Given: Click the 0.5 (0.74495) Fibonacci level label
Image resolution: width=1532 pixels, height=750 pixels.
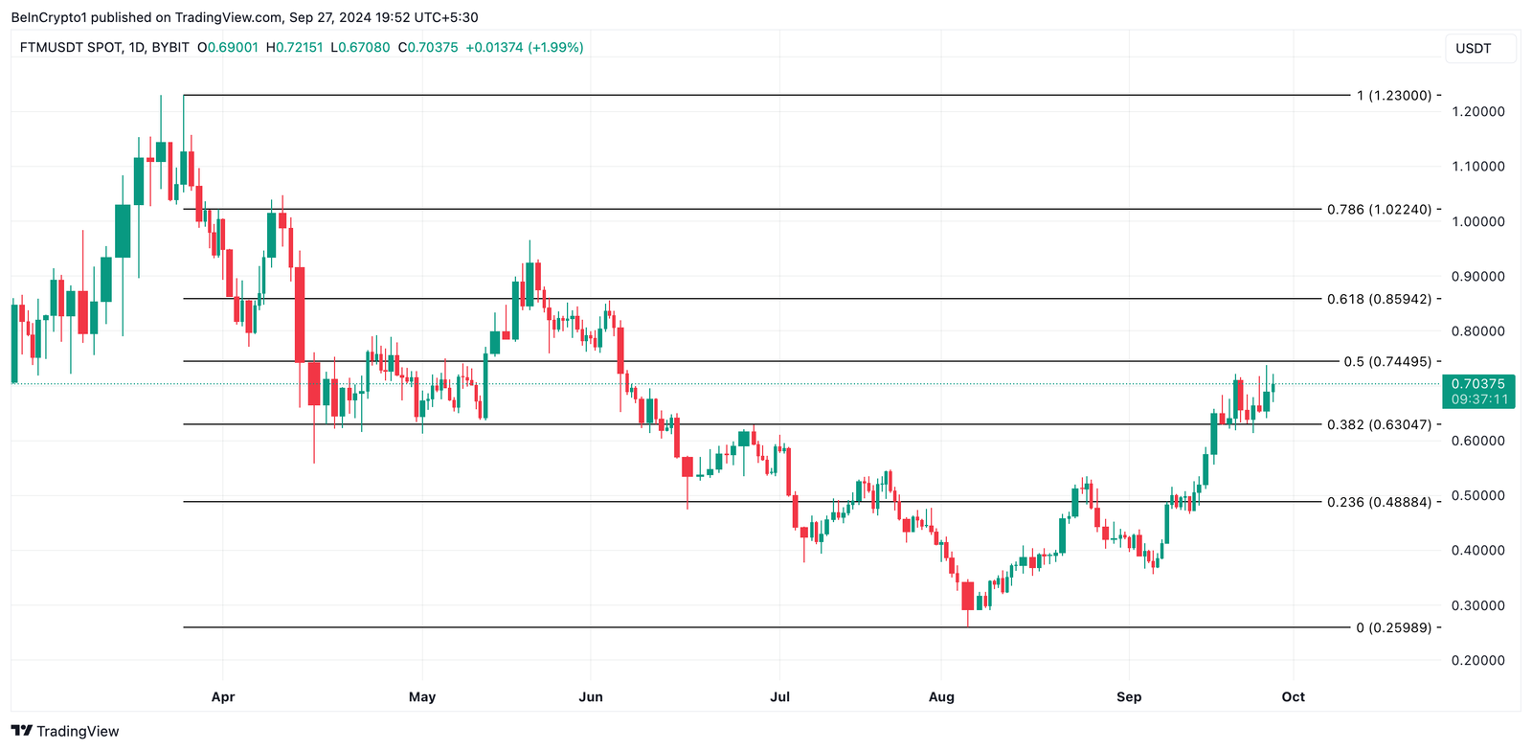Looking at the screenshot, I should (x=1387, y=362).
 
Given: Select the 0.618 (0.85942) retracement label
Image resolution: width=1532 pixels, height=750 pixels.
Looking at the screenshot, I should (x=1379, y=300).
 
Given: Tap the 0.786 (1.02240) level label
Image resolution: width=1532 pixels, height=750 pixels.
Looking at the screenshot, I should (x=1379, y=210).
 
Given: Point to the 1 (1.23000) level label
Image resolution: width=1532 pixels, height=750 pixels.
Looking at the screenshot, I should (x=1394, y=96).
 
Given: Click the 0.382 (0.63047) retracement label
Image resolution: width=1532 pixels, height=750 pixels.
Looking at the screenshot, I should (x=1379, y=425).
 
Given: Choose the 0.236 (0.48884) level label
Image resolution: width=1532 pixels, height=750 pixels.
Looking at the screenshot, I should (x=1379, y=503).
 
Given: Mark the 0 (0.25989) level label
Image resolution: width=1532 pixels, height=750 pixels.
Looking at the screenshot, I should (x=1394, y=628).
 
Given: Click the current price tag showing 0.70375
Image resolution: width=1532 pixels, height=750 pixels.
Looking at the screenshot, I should (x=1478, y=384).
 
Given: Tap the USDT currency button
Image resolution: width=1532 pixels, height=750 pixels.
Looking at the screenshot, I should (x=1474, y=49).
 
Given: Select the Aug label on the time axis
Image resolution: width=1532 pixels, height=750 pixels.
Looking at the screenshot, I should (x=941, y=697).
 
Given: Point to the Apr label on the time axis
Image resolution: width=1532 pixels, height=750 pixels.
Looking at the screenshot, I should (x=223, y=697).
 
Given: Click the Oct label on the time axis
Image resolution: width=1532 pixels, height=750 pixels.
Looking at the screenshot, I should (x=1294, y=697).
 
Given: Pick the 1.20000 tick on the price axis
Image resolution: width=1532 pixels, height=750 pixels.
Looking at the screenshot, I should (x=1478, y=112).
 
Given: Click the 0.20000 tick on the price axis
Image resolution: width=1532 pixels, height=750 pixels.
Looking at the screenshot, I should (x=1478, y=661).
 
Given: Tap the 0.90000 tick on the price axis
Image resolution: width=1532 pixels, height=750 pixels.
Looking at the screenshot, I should (x=1478, y=277).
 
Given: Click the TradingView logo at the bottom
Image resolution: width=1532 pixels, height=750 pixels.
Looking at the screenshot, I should (x=65, y=732).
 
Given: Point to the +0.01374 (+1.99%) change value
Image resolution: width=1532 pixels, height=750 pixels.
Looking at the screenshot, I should (x=524, y=47).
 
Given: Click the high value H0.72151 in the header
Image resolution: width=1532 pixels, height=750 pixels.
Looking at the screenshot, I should (x=294, y=47).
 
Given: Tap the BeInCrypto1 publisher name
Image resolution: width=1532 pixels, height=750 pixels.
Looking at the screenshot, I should (x=49, y=17).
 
